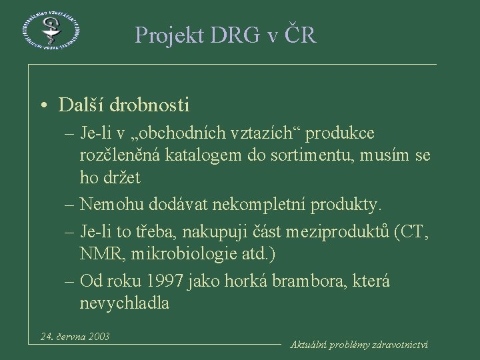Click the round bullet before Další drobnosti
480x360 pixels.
43,106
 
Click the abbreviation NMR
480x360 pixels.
99,254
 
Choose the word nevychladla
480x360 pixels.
124,303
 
